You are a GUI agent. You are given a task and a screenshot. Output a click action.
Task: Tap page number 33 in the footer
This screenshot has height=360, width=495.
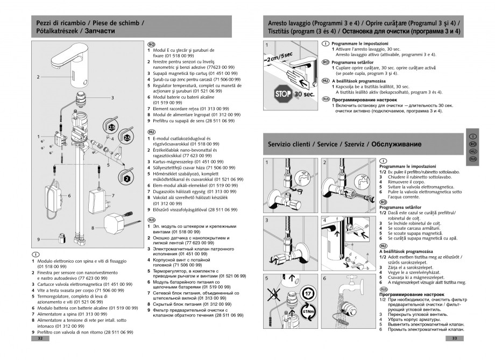[455, 338]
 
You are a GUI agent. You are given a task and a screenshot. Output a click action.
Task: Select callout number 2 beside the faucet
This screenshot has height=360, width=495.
[38, 77]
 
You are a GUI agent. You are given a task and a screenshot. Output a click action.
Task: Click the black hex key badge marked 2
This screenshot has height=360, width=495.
[127, 178]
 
